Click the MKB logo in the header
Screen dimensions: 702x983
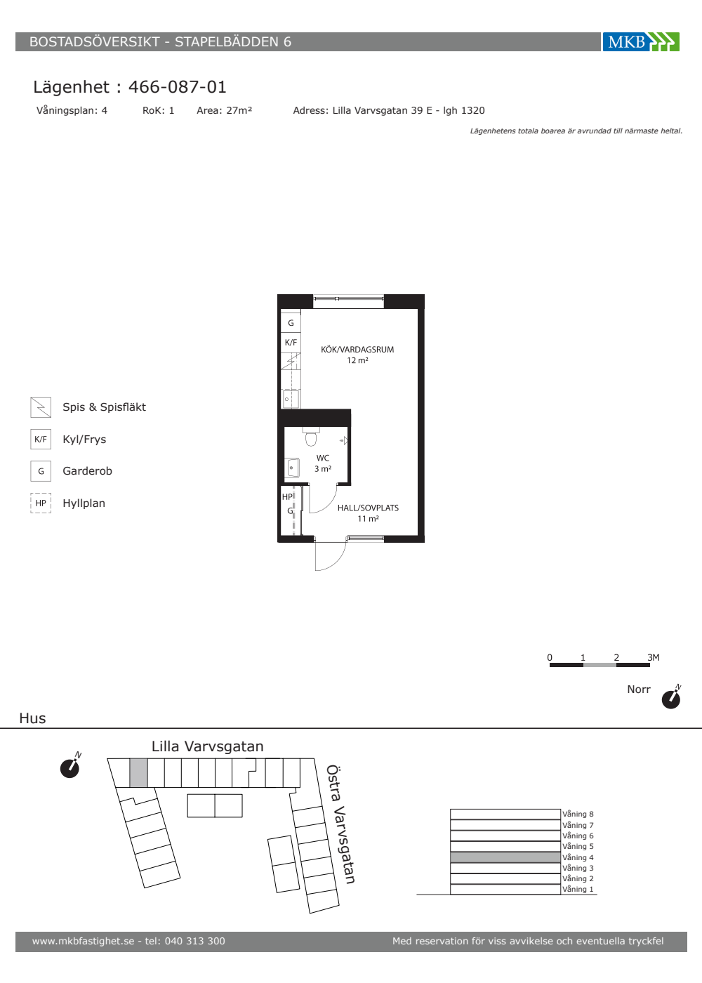[640, 41]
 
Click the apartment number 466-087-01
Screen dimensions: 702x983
[177, 87]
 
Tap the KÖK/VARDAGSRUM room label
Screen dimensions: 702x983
[357, 350]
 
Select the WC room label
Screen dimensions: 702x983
[322, 458]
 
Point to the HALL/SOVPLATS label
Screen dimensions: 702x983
[368, 508]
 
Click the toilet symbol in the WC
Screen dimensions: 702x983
[311, 436]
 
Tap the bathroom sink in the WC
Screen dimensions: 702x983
[292, 468]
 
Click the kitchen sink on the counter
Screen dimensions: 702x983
[291, 399]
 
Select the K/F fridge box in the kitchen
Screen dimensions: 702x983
[291, 343]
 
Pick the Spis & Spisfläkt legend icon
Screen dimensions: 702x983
[41, 407]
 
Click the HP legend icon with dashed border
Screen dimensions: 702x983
[41, 503]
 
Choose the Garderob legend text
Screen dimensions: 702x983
[87, 471]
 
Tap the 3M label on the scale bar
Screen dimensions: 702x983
[654, 657]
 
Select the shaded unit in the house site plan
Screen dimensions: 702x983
[138, 773]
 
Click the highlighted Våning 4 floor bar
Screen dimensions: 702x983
[505, 857]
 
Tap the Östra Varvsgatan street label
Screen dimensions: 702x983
[340, 824]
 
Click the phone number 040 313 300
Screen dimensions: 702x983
[195, 941]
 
